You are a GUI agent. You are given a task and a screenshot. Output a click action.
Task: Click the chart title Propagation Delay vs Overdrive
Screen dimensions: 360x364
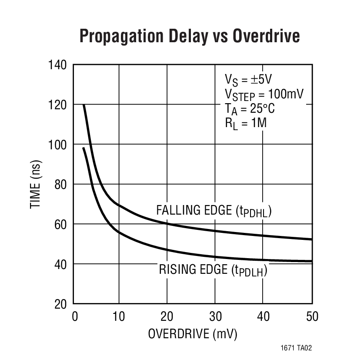190,37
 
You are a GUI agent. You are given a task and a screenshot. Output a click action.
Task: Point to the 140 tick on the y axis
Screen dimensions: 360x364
57,65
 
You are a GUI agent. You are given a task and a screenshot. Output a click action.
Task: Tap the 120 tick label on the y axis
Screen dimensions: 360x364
57,105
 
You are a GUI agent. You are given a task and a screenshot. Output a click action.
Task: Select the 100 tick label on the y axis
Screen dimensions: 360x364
57,145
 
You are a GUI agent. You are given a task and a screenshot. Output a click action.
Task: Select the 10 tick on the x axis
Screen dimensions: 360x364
119,316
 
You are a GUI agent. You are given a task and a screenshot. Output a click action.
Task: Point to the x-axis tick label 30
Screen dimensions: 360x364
215,316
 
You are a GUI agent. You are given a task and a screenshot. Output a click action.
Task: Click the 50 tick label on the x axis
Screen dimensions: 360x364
311,316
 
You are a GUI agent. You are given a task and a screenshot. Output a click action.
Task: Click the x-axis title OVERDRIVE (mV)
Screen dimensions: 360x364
193,334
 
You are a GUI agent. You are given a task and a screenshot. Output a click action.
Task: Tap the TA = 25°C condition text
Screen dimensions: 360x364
250,109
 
